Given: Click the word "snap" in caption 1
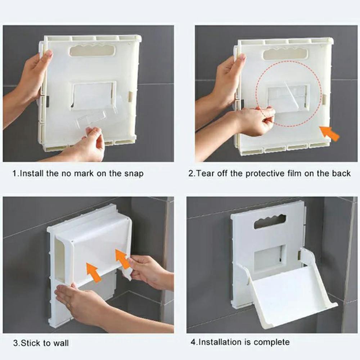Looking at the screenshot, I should coord(133,174).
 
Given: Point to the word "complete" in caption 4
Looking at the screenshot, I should coord(271,342).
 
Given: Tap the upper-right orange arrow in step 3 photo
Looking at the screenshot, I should coord(123,259).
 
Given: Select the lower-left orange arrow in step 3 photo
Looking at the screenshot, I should coord(94,272).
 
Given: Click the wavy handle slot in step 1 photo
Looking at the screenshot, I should coord(92,50).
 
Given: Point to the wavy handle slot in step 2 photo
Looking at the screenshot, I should coord(285,54).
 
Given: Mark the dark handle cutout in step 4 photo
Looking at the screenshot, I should coord(270,221).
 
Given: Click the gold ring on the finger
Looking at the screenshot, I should coord(68,305).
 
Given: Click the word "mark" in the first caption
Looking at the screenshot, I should coord(84,174).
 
